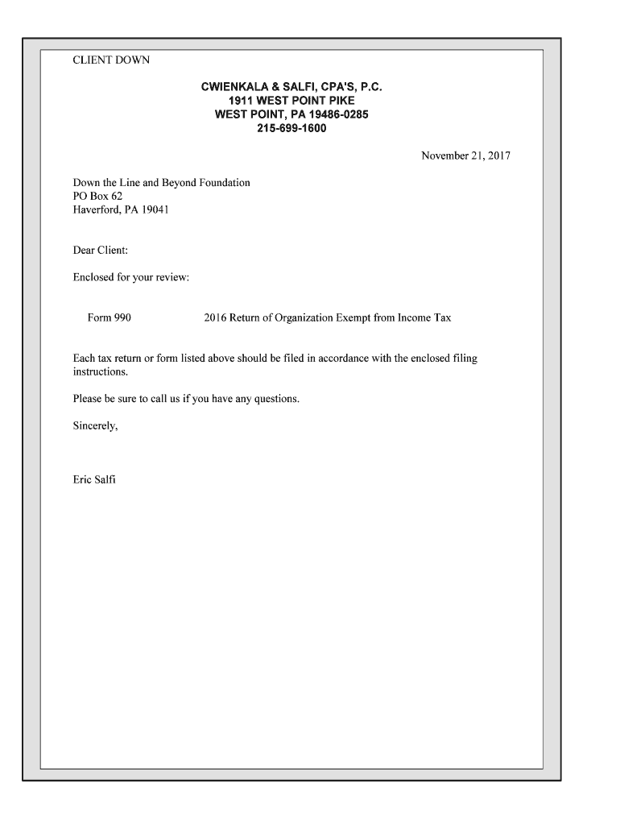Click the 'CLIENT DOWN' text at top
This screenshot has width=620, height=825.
(111, 60)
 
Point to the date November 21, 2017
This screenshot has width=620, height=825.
(465, 155)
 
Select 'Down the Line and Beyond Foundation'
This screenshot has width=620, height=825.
(161, 183)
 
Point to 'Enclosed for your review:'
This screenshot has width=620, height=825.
(130, 278)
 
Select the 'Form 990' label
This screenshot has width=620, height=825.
(110, 317)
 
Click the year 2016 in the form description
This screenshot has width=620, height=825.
(215, 317)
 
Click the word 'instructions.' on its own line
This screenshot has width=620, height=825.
(101, 373)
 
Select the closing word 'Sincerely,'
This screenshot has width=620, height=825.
(96, 426)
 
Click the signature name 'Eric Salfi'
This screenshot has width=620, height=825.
(94, 481)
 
